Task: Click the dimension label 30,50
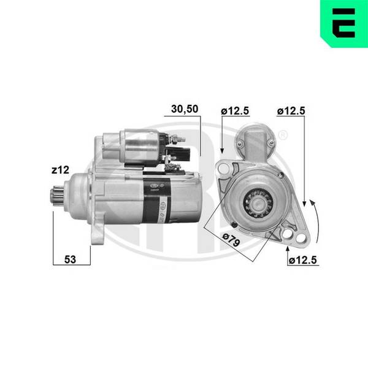(x=185, y=109)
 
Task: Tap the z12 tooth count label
(x=60, y=170)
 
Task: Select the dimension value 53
(x=70, y=259)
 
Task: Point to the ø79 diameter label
(x=231, y=239)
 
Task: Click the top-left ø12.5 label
(x=235, y=111)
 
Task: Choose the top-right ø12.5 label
(x=291, y=111)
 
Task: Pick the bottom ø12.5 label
(x=303, y=260)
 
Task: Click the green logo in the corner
(x=344, y=23)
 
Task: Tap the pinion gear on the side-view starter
(x=57, y=196)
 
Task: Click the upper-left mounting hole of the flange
(x=223, y=169)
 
